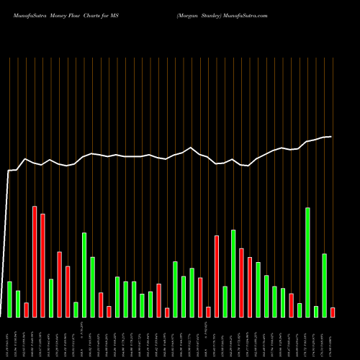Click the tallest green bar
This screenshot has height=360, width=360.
[x=308, y=262]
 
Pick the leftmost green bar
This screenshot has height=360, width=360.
[x=9, y=299]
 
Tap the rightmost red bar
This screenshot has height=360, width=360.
[x=333, y=312]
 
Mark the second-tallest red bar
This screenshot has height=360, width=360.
[x=42, y=265]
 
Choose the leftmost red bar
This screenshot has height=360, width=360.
[x=26, y=310]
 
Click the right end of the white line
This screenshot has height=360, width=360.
[x=331, y=136]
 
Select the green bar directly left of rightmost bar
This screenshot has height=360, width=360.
[x=325, y=285]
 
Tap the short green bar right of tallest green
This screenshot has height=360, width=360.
[x=316, y=311]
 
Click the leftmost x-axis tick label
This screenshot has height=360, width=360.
[x=8, y=338]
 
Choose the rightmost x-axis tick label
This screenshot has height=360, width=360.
[x=332, y=338]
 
